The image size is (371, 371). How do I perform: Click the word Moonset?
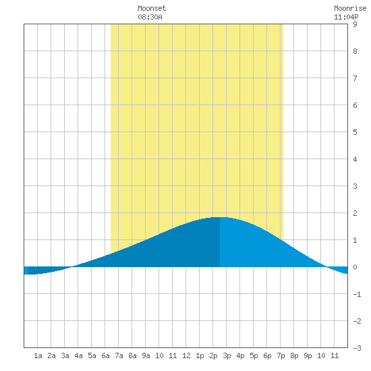pos(152,9)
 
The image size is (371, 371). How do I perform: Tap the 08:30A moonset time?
pos(150,17)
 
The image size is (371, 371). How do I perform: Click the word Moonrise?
pos(350,9)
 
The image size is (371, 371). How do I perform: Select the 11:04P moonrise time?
pos(346,17)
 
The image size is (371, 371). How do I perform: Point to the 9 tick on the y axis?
pos(355,24)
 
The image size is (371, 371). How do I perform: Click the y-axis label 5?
pos(355,132)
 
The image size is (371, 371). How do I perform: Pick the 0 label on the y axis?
pos(355,267)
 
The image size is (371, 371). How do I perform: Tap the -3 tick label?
pos(357,348)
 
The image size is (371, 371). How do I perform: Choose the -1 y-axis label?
pos(357,294)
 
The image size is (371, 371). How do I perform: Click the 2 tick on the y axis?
pos(355,213)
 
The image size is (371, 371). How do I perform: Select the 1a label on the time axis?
pos(38,355)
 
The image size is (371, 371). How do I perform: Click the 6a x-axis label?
pos(105,355)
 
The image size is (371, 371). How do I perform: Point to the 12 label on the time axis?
pos(186,355)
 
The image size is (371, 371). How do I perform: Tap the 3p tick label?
pos(227,356)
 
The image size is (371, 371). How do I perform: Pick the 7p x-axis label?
pos(281,356)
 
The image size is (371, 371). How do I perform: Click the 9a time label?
pos(146,355)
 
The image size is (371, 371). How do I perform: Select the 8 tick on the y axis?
pos(355,51)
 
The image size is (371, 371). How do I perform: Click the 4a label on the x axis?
pos(78,355)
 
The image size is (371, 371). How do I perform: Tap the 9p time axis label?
pos(308,356)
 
